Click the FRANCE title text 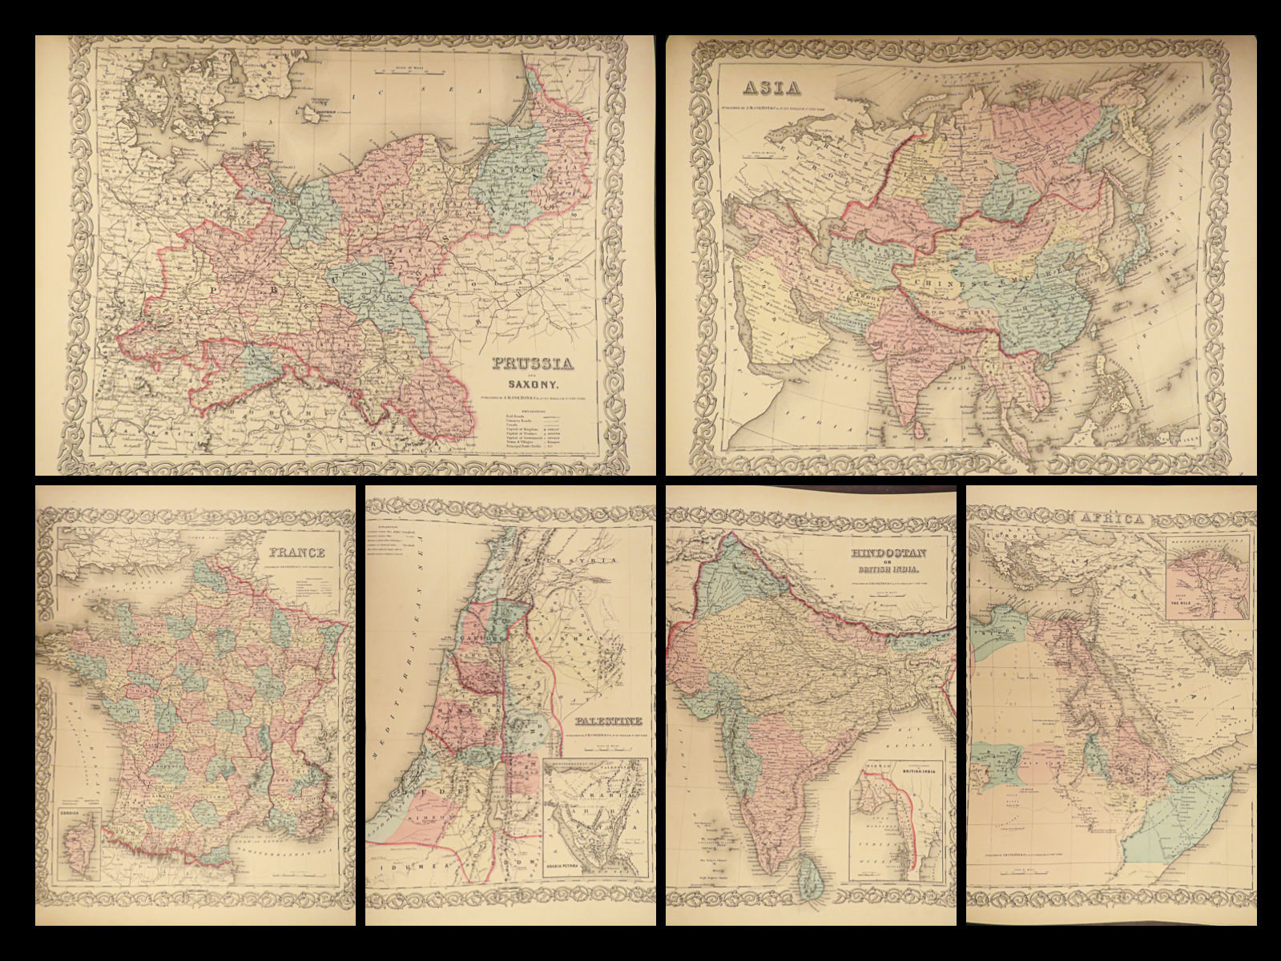(x=296, y=553)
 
